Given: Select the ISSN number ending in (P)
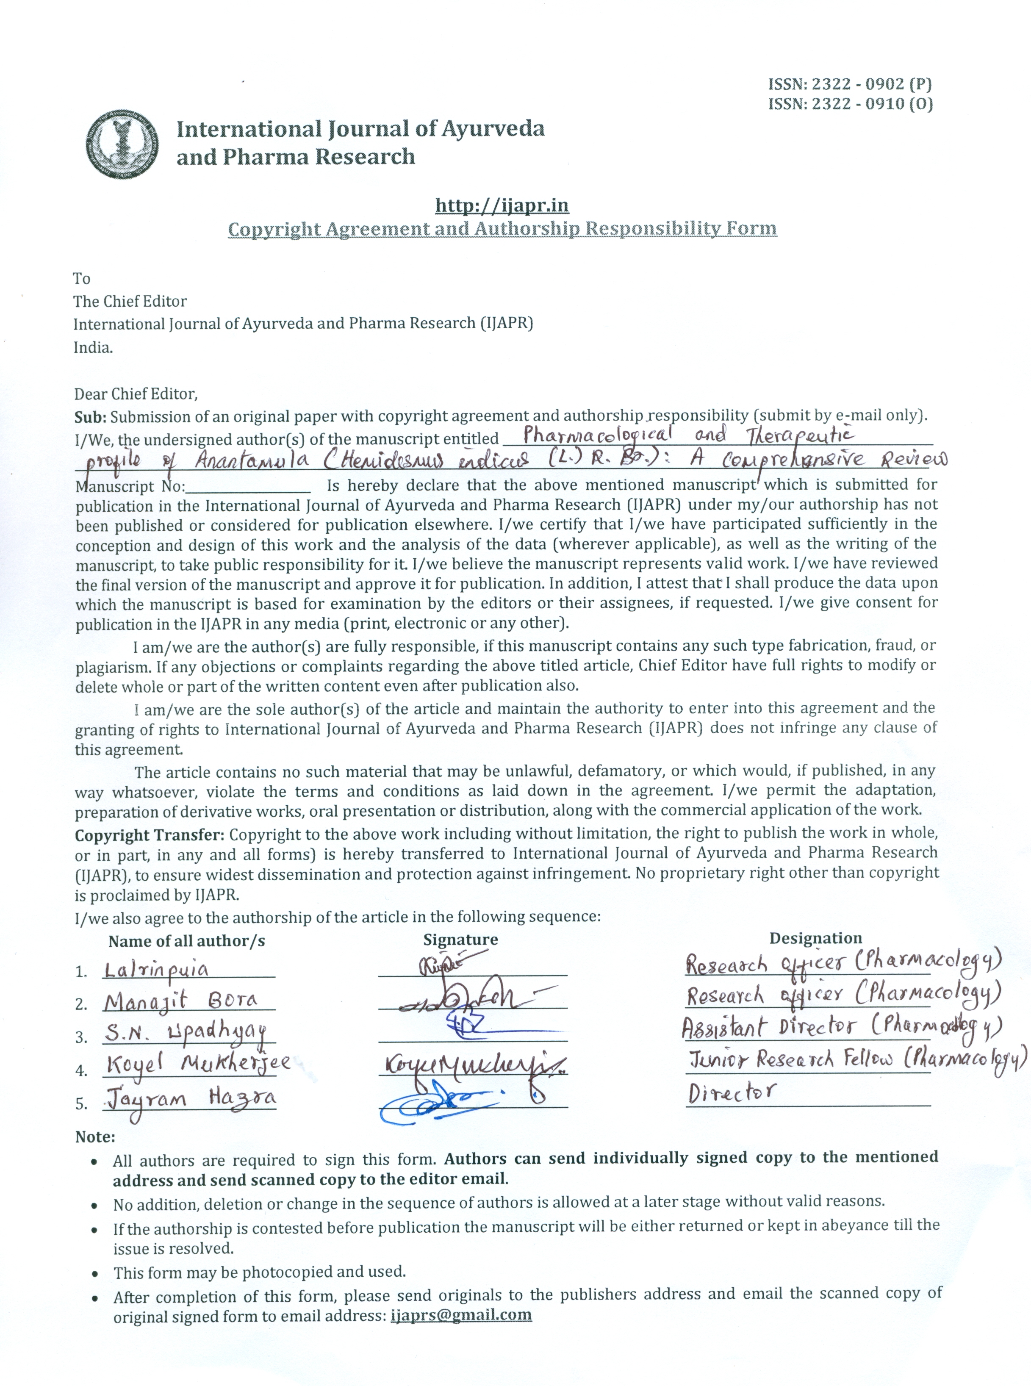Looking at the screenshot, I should pos(850,83).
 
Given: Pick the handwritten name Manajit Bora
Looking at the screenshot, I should pos(180,1002).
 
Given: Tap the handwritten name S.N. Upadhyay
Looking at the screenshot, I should pos(186,1034).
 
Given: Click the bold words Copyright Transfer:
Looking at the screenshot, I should pos(150,835).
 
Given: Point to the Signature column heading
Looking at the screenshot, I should pos(460,939).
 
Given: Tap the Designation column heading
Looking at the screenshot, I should pos(815,938).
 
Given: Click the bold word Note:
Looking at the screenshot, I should pos(95,1137).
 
